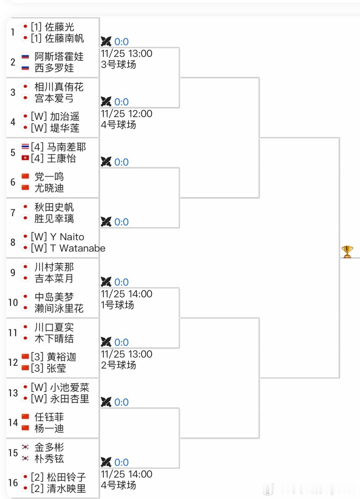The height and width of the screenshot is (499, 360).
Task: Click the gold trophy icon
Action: pos(347,252)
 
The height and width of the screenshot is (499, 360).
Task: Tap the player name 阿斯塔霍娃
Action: pos(59,57)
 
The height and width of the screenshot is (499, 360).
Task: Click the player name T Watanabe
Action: pos(77,248)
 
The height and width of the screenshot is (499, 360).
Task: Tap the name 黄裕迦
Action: pos(61,357)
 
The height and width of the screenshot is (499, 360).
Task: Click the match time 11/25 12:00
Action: pos(127,114)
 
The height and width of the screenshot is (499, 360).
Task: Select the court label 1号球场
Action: pos(117,305)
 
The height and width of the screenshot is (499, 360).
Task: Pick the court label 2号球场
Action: pos(118,365)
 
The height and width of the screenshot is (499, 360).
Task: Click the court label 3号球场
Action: pos(118,65)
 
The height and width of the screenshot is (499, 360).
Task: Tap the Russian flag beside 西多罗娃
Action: pos(25,68)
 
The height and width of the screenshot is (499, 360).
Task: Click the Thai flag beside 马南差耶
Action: pos(25,147)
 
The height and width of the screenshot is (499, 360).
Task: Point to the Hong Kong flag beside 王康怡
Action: pos(25,158)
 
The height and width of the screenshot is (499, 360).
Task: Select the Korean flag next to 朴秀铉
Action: pos(25,459)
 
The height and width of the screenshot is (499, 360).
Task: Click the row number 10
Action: pos(13,302)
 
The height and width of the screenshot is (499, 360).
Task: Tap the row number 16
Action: pos(13,483)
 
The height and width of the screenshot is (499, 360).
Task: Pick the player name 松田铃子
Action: pos(66,477)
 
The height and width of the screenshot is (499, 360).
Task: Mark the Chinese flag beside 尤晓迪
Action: pos(25,188)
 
